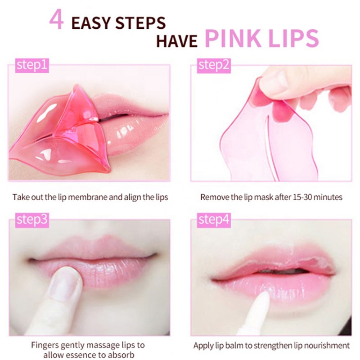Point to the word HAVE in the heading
[177, 41]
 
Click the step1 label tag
[31, 66]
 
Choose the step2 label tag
[214, 66]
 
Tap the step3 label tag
[31, 220]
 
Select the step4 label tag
[214, 220]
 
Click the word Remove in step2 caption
[212, 197]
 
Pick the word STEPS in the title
[142, 22]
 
